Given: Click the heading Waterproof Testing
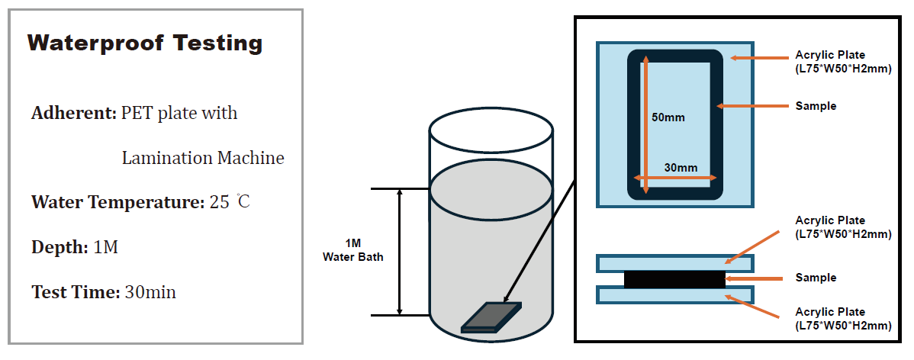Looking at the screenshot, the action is (x=145, y=43).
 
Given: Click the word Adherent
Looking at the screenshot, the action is (x=75, y=112).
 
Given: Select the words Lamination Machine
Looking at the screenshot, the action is (x=203, y=158).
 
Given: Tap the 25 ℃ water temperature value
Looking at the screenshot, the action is (x=230, y=202).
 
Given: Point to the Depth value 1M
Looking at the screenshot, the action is (x=105, y=248).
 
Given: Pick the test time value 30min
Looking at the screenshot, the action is (x=150, y=292).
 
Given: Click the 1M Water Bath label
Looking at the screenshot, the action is (x=353, y=251).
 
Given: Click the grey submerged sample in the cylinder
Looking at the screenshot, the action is (x=491, y=317).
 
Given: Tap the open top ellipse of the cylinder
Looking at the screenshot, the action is (x=491, y=131).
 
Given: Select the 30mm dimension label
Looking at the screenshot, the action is (x=681, y=168).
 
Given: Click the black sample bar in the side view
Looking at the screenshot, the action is (x=674, y=279).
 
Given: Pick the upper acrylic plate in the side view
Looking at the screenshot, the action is (x=675, y=263).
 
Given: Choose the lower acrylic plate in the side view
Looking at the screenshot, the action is (x=675, y=294).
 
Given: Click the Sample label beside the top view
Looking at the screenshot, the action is (x=816, y=106).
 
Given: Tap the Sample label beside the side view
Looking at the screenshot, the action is (x=816, y=278).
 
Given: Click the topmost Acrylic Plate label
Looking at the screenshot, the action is (x=844, y=62).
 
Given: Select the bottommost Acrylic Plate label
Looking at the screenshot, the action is (x=844, y=319).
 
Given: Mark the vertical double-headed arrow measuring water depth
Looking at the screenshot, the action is (x=400, y=252).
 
